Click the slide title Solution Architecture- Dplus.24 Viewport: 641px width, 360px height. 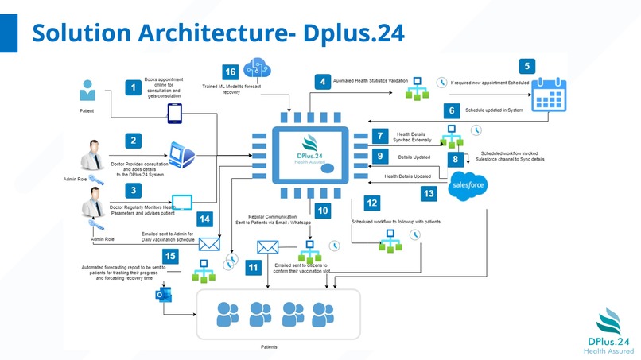[x=217, y=33]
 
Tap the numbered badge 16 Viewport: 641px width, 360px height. [x=231, y=72]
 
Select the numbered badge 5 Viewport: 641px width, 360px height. [x=527, y=67]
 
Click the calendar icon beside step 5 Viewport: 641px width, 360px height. [x=548, y=94]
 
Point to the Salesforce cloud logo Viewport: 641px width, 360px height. [x=468, y=186]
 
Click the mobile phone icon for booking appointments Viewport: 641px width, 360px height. [x=175, y=114]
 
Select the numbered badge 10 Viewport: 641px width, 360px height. [x=322, y=211]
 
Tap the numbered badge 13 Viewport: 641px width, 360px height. [x=429, y=192]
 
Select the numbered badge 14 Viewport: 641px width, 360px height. [x=204, y=218]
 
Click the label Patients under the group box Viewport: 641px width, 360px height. [x=270, y=347]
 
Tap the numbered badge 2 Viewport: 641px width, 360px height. [x=134, y=141]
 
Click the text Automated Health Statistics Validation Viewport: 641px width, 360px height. [x=370, y=81]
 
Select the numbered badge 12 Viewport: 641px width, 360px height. [x=372, y=203]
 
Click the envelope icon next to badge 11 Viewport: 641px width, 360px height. [x=266, y=248]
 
